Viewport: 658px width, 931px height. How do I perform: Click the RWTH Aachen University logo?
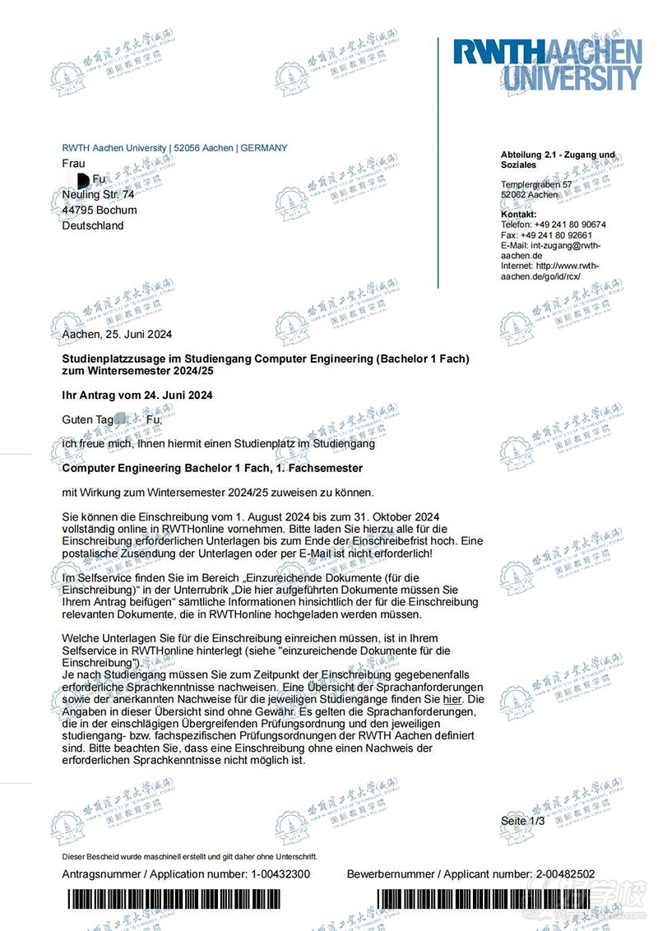click(547, 64)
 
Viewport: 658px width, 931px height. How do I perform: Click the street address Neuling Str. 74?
click(98, 195)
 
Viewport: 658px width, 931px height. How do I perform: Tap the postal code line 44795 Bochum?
click(100, 210)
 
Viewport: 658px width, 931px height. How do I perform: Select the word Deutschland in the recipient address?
click(93, 225)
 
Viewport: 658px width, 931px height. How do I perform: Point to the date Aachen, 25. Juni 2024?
click(117, 334)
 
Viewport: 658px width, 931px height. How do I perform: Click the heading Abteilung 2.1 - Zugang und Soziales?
click(557, 160)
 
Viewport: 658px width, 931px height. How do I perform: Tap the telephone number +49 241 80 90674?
click(570, 225)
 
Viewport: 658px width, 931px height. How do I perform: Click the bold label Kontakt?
click(518, 215)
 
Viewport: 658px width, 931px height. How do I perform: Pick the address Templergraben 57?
click(536, 185)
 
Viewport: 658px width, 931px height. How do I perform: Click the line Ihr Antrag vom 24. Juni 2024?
click(137, 396)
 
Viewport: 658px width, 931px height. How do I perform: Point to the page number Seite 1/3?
click(522, 821)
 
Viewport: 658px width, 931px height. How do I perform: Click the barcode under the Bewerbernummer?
click(477, 901)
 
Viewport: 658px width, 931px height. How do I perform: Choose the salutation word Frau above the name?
click(73, 164)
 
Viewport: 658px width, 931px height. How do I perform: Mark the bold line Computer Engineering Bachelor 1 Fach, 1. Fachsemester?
click(212, 468)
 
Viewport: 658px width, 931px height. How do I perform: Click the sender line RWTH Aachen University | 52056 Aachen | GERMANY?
click(174, 148)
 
